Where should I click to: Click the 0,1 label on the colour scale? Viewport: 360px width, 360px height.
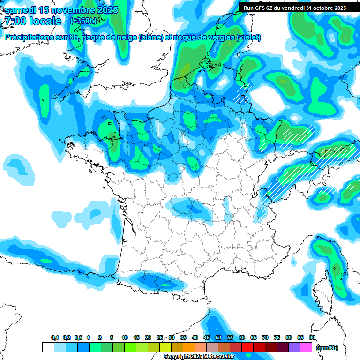point(55,338)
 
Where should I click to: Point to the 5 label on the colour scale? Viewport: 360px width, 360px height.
point(112,338)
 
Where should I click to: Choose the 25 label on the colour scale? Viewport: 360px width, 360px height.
point(160,338)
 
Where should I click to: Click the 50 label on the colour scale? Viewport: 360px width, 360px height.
point(218,338)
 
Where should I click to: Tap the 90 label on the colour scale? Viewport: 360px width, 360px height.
point(312,338)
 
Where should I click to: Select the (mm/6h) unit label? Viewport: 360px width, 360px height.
point(327,348)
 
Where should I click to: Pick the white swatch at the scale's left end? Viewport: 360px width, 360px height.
point(48,347)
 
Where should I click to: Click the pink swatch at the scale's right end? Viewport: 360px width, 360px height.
point(306,347)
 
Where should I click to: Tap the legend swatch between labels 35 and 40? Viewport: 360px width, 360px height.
point(189,347)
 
